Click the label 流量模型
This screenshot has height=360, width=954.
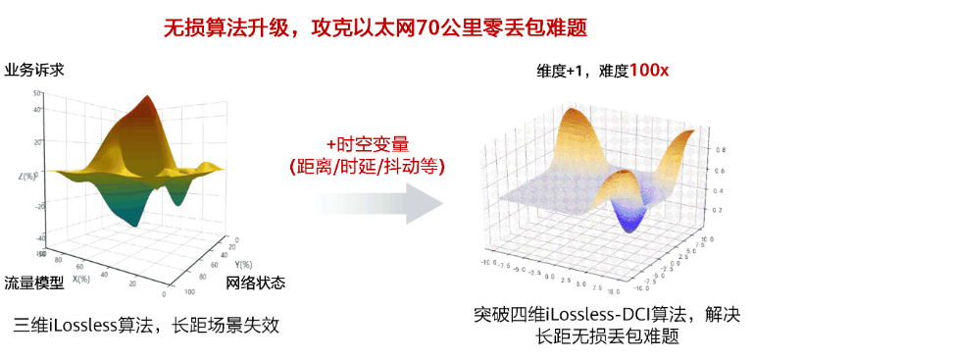point(34,283)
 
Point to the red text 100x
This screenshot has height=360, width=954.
point(649,71)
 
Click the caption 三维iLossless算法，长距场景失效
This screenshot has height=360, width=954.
point(146,325)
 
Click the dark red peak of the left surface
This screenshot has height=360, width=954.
point(148,104)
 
